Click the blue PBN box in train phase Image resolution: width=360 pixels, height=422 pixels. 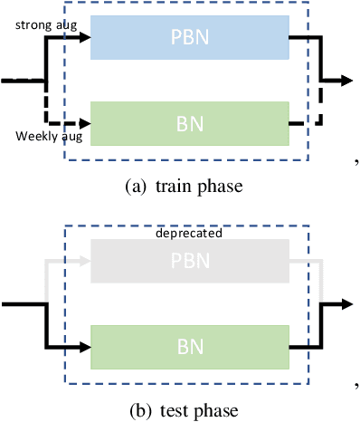[x=189, y=38]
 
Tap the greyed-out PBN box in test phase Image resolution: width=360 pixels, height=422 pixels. [x=189, y=263]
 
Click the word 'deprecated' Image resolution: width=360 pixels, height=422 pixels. [x=189, y=232]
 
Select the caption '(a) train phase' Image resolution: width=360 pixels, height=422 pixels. [x=181, y=187]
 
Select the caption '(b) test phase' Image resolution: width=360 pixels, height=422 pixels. [x=181, y=410]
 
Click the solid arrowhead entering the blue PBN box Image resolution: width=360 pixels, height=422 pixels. [x=85, y=38]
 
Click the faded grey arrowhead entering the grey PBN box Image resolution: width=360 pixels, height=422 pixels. [x=85, y=263]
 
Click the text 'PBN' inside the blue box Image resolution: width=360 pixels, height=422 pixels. [x=189, y=38]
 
